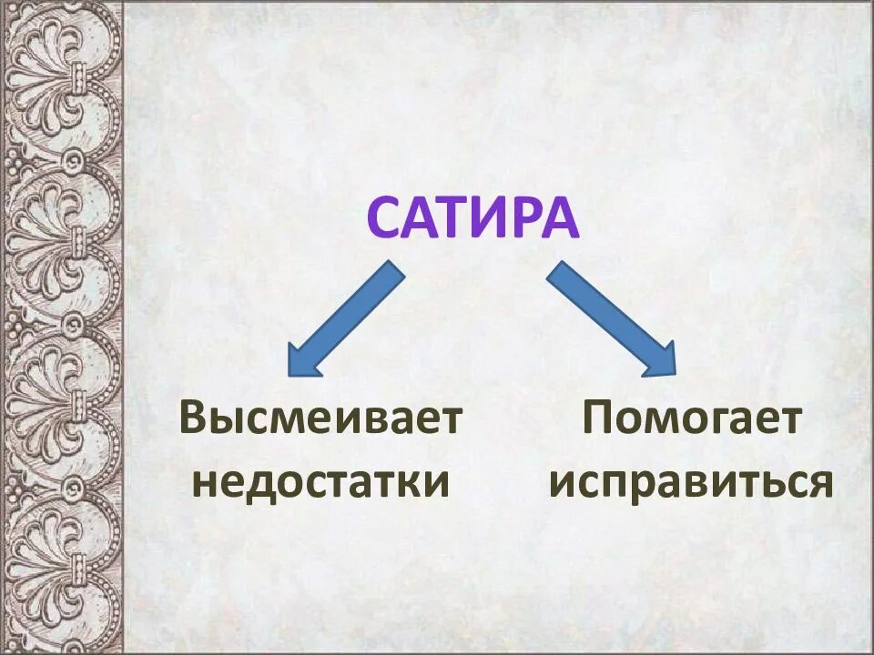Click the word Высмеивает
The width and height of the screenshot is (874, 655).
321,420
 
